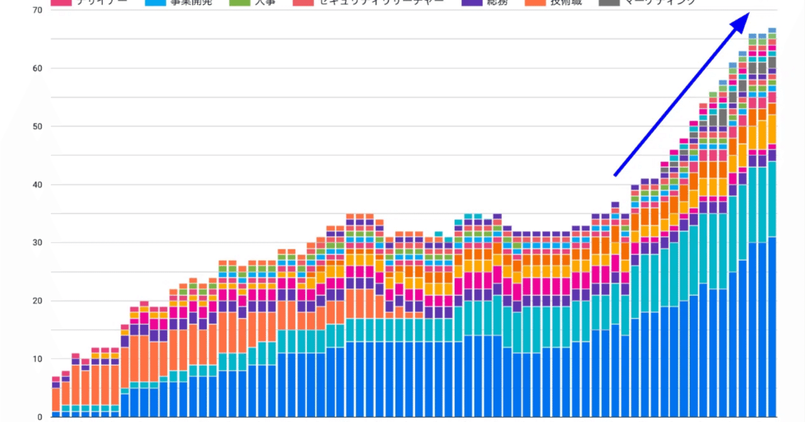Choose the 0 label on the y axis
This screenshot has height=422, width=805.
pyautogui.click(x=39, y=416)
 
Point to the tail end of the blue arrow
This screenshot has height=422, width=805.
pyautogui.click(x=615, y=175)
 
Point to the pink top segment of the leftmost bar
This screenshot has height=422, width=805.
pyautogui.click(x=56, y=379)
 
